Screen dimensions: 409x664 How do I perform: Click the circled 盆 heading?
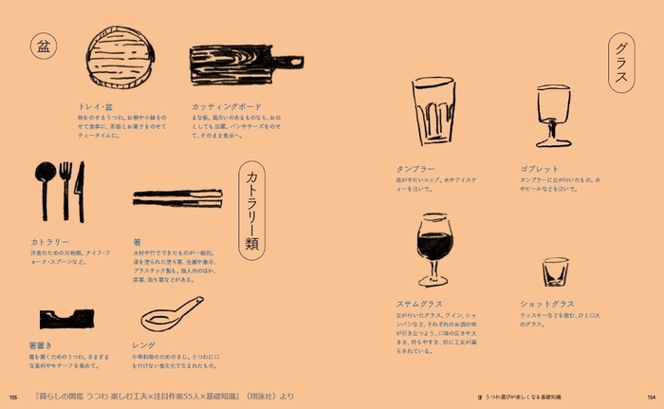coord(44,46)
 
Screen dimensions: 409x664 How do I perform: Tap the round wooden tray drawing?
coord(118,60)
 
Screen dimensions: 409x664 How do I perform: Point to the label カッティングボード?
coord(228,106)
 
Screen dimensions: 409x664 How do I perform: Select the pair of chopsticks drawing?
coord(176,197)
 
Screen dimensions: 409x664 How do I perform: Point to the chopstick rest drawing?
coord(66,317)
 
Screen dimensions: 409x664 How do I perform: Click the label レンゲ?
coord(144,345)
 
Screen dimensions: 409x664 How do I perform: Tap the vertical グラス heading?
coord(622,64)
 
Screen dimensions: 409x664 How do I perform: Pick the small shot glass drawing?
coord(555,271)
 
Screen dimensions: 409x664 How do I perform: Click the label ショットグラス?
coord(547,304)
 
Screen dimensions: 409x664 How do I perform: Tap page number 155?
coord(13,397)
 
